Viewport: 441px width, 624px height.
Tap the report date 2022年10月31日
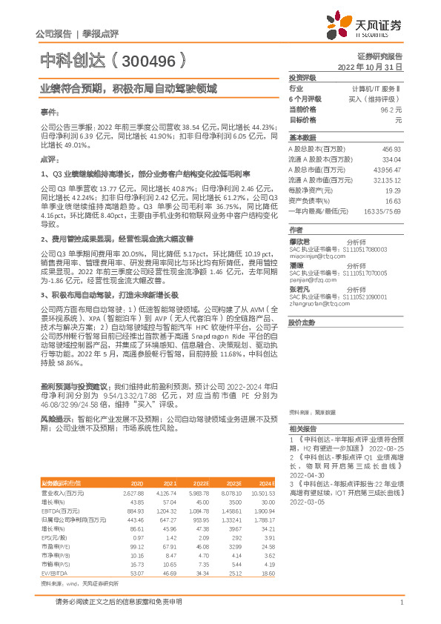(x=370, y=66)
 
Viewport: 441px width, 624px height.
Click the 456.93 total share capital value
(x=391, y=148)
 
